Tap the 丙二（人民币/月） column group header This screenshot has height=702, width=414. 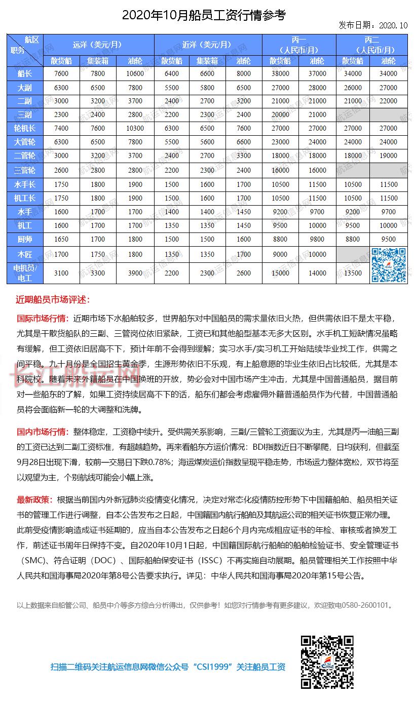tap(371, 44)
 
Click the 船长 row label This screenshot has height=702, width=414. tap(25, 73)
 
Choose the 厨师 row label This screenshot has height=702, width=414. tap(25, 239)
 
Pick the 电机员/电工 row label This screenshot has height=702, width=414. tap(25, 273)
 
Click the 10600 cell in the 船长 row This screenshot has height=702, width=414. tap(135, 73)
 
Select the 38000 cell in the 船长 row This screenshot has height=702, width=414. tap(280, 73)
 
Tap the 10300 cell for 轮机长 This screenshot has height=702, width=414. tap(135, 129)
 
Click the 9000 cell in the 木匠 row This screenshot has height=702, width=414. tap(280, 255)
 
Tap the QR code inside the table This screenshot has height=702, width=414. tap(389, 265)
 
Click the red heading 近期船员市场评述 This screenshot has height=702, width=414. tap(53, 300)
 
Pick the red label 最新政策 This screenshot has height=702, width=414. tap(34, 500)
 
